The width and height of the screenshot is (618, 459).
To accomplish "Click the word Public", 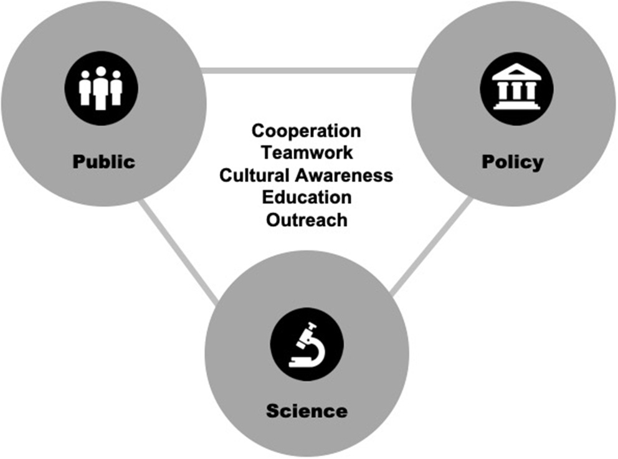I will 103,162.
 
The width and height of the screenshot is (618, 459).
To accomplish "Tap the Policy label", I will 512,162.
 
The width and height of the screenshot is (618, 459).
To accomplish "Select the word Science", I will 307,411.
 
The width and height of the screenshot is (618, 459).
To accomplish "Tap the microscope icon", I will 307,346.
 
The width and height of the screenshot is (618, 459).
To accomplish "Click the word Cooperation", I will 306,131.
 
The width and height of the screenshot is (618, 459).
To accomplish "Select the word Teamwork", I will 307,152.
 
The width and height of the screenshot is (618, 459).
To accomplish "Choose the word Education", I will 307,197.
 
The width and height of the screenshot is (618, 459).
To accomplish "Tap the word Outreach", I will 307,220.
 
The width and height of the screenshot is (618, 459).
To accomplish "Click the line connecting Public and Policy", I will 308,70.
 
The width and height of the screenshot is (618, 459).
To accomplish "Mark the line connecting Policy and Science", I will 431,246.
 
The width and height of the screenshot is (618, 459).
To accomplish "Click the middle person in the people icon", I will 101,87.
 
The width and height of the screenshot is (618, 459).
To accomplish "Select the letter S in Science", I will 272,411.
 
